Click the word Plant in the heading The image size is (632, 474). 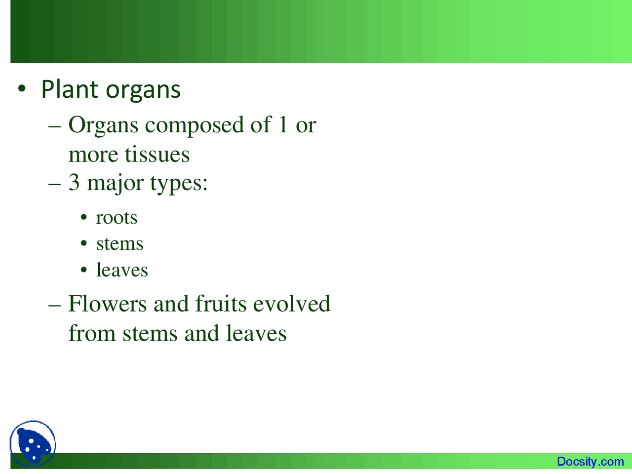point(70,89)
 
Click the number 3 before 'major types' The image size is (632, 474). point(74,182)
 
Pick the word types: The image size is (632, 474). point(179,184)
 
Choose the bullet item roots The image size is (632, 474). point(117,217)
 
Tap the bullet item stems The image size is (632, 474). point(119,243)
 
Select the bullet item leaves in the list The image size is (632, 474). point(122,270)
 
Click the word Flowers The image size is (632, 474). point(107,303)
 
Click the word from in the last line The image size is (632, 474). point(92,333)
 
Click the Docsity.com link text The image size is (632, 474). point(590,462)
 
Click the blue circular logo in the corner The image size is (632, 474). point(33,444)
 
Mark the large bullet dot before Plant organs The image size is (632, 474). point(21,89)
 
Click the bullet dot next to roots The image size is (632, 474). point(84,218)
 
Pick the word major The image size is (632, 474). point(115,183)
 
